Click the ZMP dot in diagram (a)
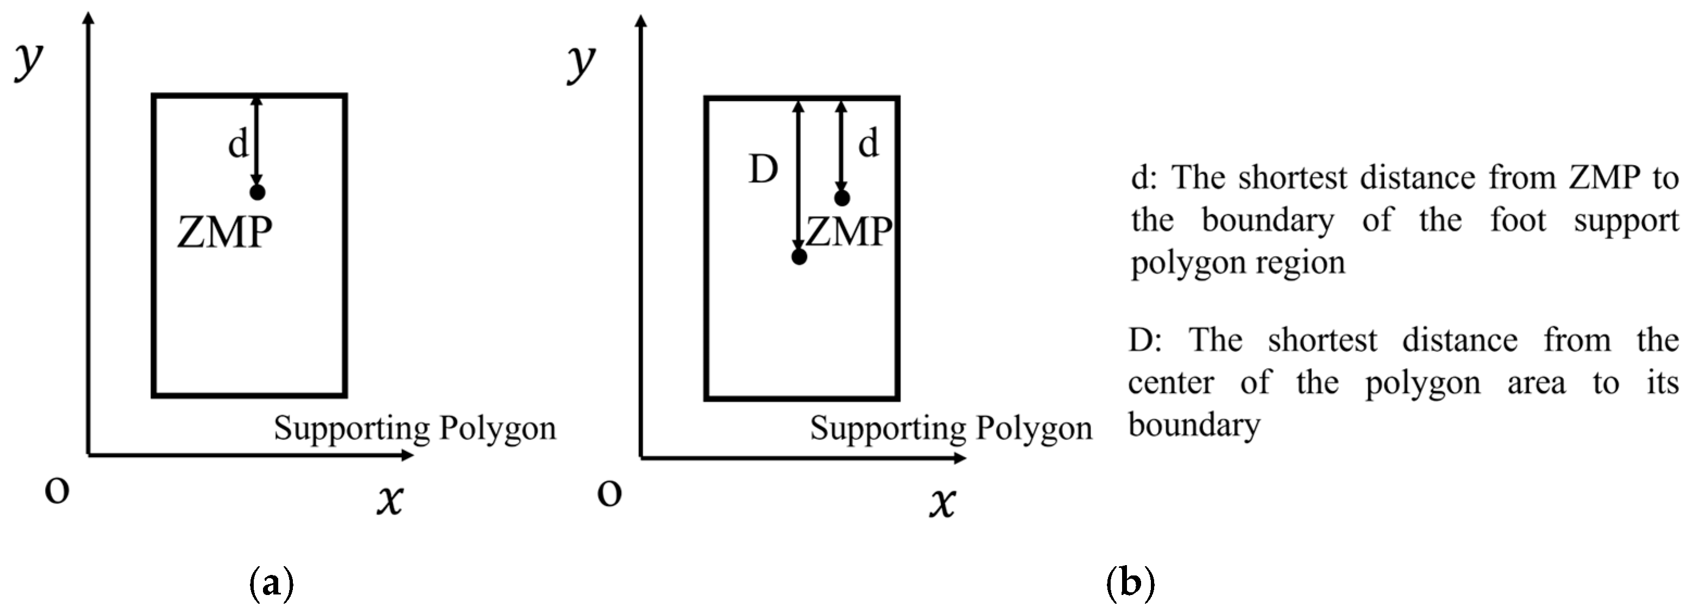pyautogui.click(x=258, y=192)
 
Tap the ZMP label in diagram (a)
pyautogui.click(x=224, y=232)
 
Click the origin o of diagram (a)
pyautogui.click(x=57, y=491)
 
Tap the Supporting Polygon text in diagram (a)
pyautogui.click(x=415, y=428)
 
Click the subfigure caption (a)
pyautogui.click(x=271, y=582)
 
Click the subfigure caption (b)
pyautogui.click(x=1130, y=582)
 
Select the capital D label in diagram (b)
pyautogui.click(x=763, y=170)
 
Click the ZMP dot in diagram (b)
pyautogui.click(x=842, y=198)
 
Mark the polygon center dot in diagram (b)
pyautogui.click(x=799, y=256)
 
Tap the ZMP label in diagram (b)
pyautogui.click(x=849, y=232)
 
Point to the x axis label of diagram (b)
pyautogui.click(x=942, y=503)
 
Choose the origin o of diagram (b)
pyautogui.click(x=609, y=493)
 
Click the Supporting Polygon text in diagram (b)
pyautogui.click(x=951, y=429)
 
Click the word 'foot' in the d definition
pyautogui.click(x=1518, y=220)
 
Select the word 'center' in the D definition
pyautogui.click(x=1171, y=382)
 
